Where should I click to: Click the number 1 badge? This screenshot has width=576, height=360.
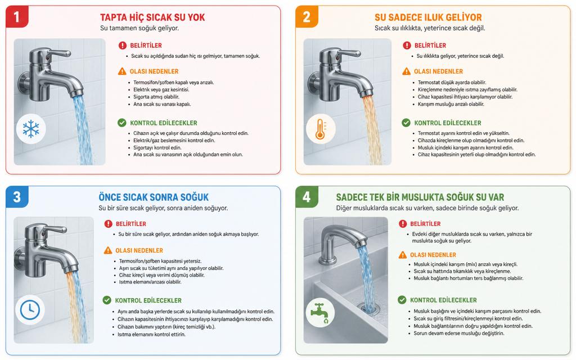point(17,16)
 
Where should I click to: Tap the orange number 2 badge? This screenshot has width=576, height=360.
point(307,16)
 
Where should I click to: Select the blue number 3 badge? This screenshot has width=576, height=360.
point(17,197)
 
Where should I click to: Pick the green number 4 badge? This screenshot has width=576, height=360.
point(307,197)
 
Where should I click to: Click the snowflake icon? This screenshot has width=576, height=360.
point(31,129)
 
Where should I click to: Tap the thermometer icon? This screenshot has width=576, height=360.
point(321,129)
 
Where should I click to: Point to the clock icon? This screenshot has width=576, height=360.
point(30,309)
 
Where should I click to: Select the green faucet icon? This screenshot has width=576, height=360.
point(320,312)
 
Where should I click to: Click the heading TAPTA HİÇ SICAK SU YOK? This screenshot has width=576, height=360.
point(152,17)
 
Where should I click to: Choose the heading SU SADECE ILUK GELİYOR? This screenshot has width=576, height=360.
point(428,17)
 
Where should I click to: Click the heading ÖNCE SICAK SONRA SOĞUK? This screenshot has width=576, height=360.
point(154,197)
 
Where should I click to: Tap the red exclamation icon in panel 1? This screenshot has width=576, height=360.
point(122,46)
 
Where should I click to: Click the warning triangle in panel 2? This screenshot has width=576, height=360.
point(406,71)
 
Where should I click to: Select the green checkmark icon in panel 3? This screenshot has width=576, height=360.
point(107,300)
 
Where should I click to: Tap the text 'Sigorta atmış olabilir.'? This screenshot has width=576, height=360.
point(156,97)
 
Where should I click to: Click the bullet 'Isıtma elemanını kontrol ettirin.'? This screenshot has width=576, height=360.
point(151,335)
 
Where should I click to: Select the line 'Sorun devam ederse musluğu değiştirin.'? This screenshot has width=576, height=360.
point(459,334)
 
